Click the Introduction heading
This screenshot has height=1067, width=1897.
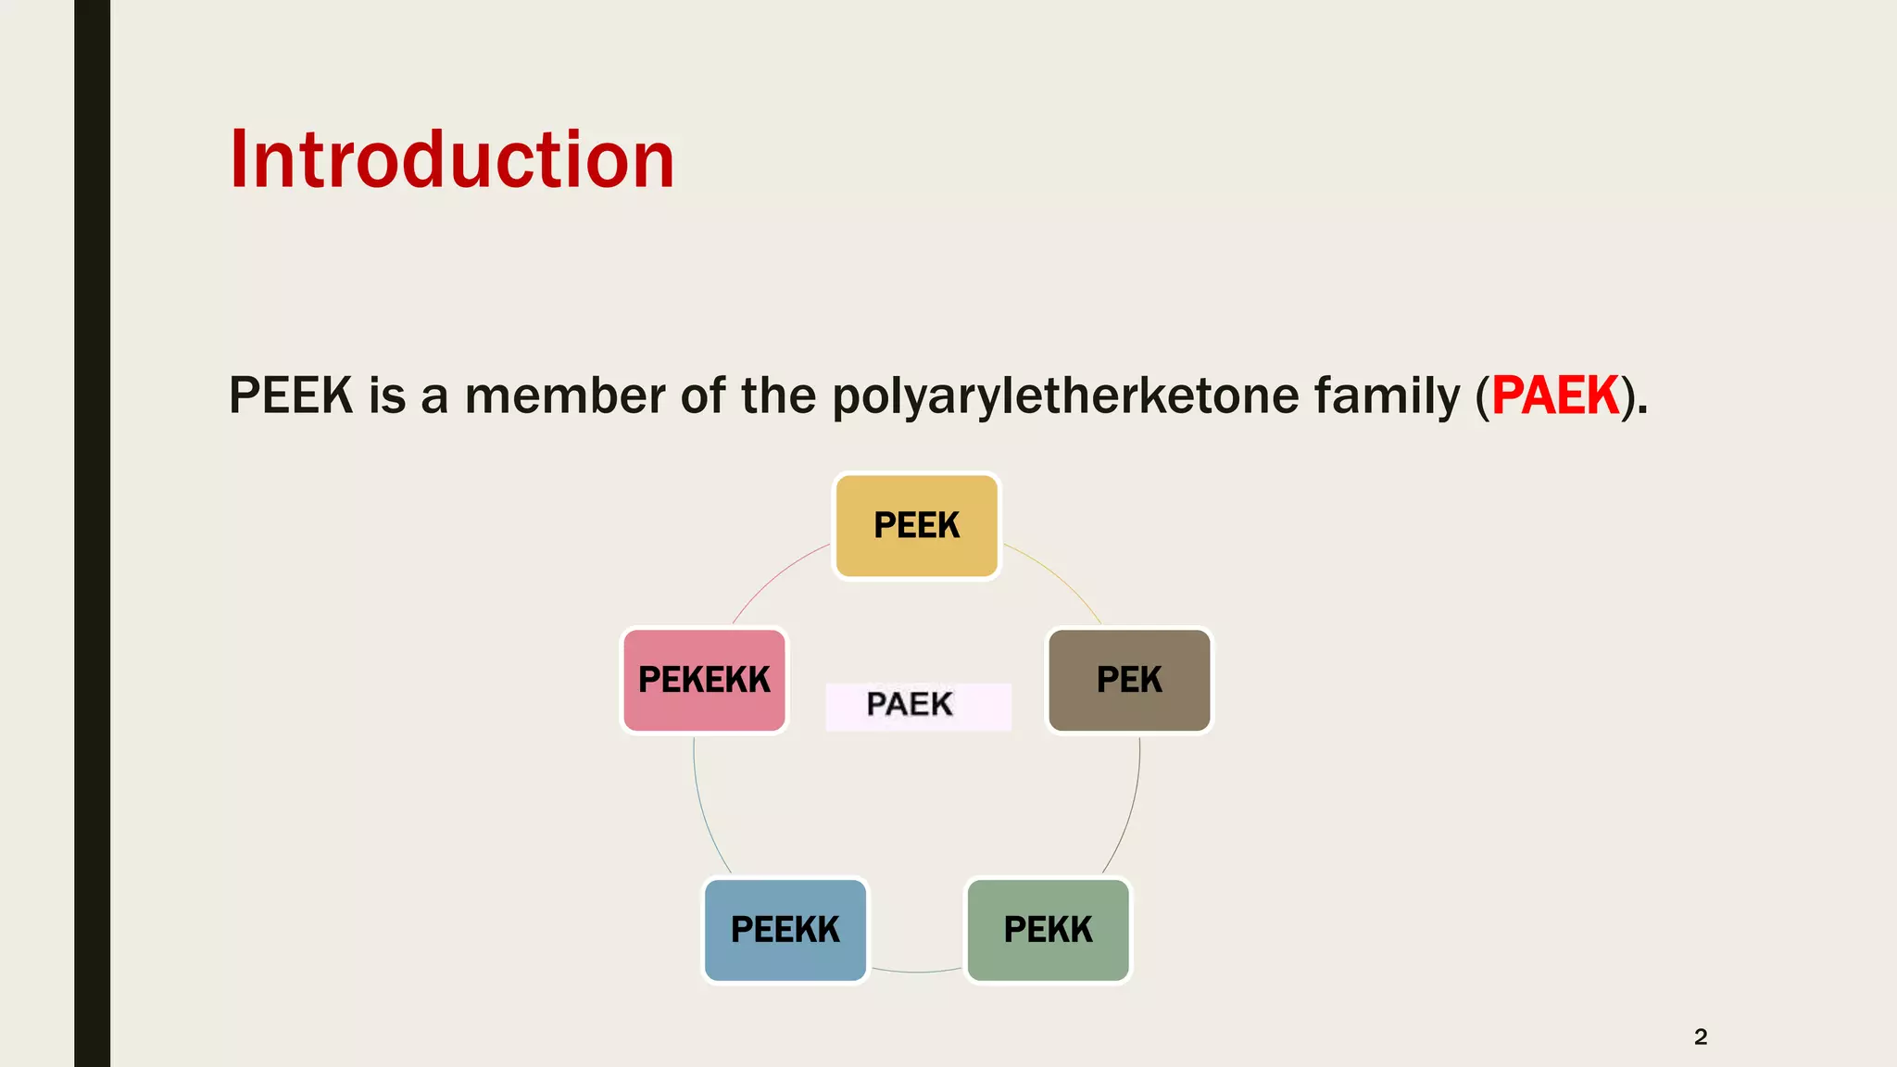pyautogui.click(x=451, y=160)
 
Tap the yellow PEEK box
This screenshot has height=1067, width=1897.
pyautogui.click(x=916, y=526)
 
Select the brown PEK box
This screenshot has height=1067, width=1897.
pyautogui.click(x=1129, y=681)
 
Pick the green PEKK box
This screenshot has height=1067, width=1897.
pyautogui.click(x=1048, y=930)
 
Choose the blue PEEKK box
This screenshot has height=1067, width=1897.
pyautogui.click(x=785, y=930)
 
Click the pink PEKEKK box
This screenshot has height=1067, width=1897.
pyautogui.click(x=704, y=681)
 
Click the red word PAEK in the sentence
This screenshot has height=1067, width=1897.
pyautogui.click(x=1555, y=396)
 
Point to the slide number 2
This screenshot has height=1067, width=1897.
pyautogui.click(x=1700, y=1036)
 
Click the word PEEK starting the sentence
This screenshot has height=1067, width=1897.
pyautogui.click(x=291, y=396)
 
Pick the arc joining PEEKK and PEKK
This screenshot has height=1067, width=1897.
pyautogui.click(x=916, y=972)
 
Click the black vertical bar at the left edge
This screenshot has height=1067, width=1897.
pyautogui.click(x=92, y=533)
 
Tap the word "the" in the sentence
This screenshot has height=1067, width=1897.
pyautogui.click(x=777, y=396)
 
